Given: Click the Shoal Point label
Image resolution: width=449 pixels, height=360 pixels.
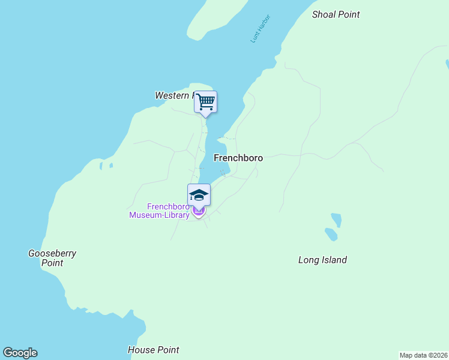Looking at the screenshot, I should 336,14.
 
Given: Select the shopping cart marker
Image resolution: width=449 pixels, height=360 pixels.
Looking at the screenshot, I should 205,102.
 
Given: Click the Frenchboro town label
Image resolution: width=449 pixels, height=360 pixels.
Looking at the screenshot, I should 238,158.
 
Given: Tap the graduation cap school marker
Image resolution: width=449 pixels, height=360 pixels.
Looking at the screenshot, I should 199,194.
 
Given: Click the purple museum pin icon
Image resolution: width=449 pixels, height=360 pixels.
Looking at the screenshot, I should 199,211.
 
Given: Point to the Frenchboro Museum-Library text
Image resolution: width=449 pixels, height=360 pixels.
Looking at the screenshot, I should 160,211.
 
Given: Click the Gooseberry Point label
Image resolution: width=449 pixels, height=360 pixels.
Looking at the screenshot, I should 52,258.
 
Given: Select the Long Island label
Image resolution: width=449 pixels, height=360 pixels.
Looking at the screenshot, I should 322,260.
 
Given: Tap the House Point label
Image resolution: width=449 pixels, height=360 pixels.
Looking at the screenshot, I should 154,350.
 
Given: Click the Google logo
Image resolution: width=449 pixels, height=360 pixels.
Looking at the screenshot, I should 20,353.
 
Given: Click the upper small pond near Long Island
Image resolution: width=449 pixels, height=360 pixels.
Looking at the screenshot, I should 336,220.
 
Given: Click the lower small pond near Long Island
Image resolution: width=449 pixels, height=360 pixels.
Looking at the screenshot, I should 330,234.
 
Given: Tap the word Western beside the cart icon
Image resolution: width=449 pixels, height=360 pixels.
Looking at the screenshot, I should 172,95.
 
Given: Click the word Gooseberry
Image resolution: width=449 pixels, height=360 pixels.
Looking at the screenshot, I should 52,253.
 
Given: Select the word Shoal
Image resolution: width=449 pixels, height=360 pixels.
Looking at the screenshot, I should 324,14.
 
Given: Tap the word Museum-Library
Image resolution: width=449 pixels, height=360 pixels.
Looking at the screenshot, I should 160,215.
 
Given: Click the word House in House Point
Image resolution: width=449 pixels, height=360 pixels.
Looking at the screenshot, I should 140,350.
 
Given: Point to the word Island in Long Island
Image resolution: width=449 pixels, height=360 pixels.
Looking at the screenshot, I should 334,260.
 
